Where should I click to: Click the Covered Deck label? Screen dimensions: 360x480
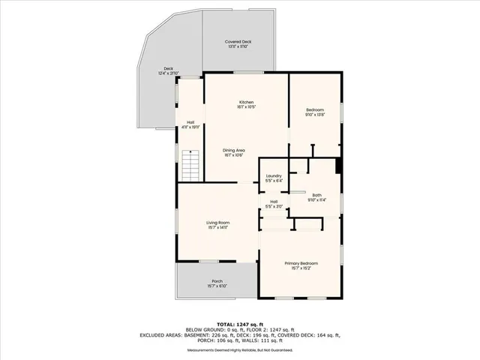coord(237,41)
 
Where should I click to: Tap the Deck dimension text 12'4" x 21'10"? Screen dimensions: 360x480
coord(166,73)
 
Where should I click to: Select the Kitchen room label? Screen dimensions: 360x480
coord(246,102)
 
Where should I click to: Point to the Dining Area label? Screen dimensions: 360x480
coord(234,150)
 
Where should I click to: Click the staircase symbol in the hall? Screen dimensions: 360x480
coord(190,165)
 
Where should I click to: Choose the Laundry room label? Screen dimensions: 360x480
coord(274,176)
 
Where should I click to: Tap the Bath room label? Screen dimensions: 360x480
coord(316,195)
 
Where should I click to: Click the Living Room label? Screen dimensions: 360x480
coord(218,223)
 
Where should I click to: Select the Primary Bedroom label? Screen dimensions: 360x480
coord(300,263)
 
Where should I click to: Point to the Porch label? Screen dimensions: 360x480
coord(216,281)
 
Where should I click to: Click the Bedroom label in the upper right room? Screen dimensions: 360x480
coord(314,109)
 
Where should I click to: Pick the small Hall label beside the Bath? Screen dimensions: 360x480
coord(274,202)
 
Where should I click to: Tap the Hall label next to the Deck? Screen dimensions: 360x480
coord(190,122)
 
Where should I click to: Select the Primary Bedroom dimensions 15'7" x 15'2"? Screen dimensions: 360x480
coord(300,268)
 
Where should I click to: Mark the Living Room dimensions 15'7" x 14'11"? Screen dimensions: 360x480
coord(218,228)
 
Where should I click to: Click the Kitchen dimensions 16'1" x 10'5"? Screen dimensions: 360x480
coord(246,107)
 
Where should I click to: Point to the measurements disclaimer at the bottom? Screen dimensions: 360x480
coord(239,350)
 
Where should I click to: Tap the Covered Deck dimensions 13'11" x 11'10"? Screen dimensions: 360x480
coord(237,46)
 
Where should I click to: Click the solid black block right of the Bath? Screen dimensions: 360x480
coord(339,166)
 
